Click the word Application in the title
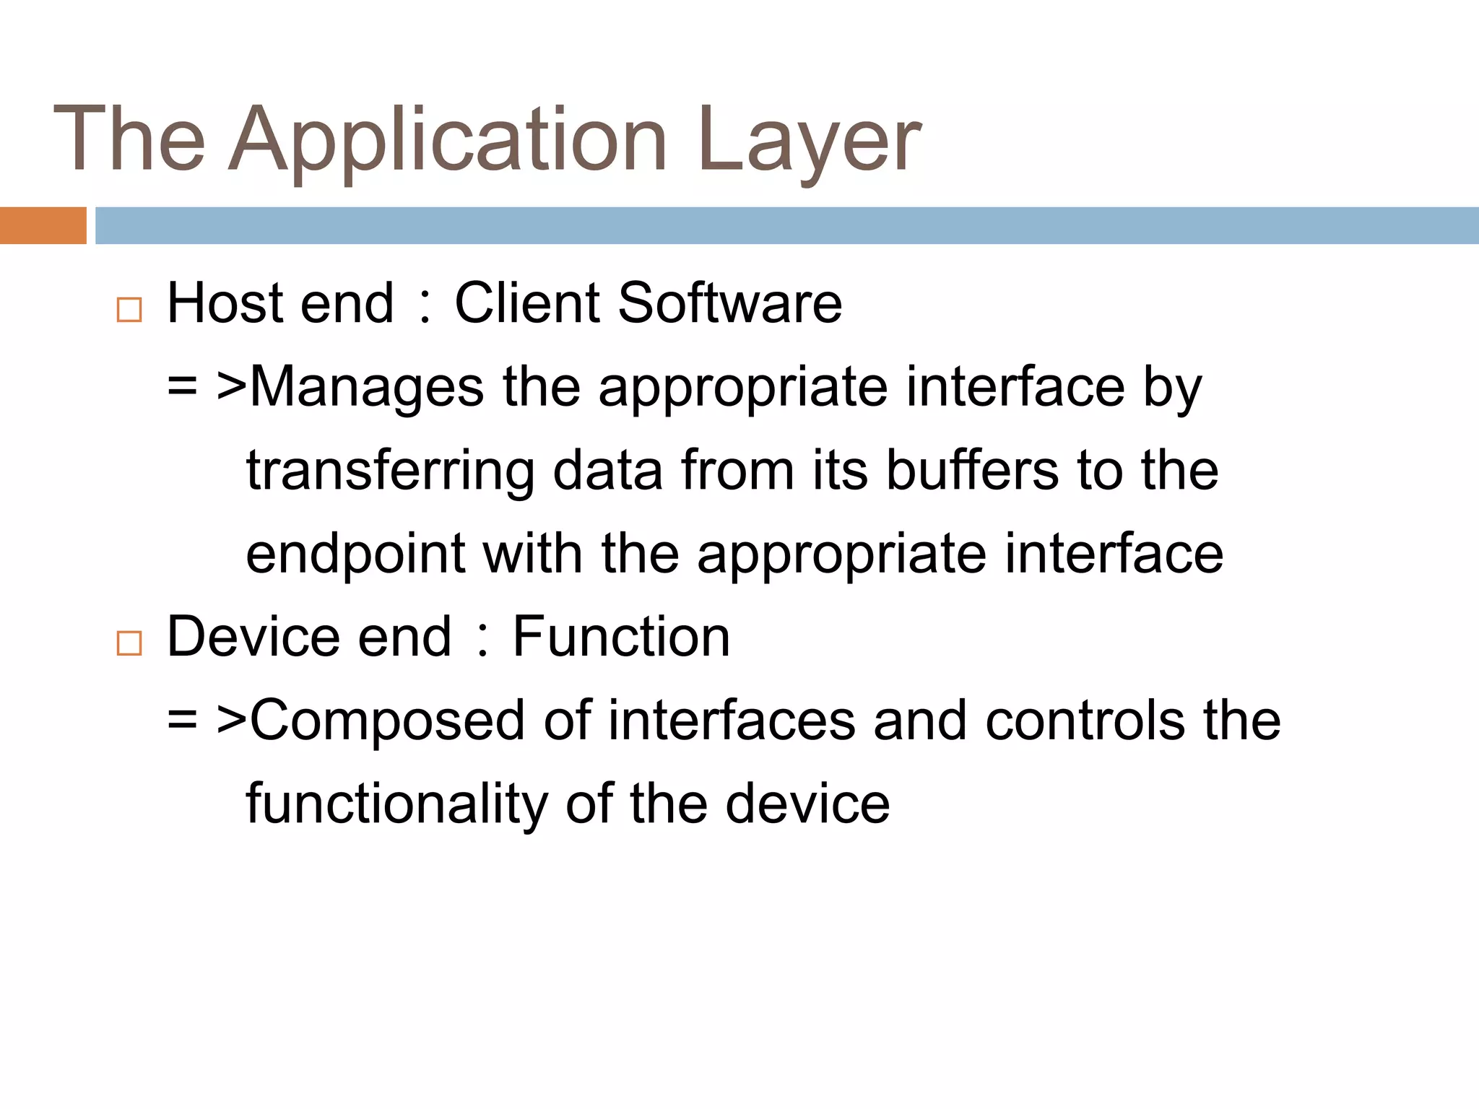[448, 141]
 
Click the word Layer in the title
[809, 141]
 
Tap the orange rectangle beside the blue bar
[43, 225]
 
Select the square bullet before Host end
[129, 310]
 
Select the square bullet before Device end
[129, 643]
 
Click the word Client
[526, 303]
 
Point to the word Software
[729, 303]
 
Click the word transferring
[390, 471]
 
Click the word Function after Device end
[621, 637]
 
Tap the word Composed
[387, 721]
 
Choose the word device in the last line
[807, 804]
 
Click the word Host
[225, 303]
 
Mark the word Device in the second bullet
[253, 637]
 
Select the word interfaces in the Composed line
[731, 721]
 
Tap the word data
[607, 471]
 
